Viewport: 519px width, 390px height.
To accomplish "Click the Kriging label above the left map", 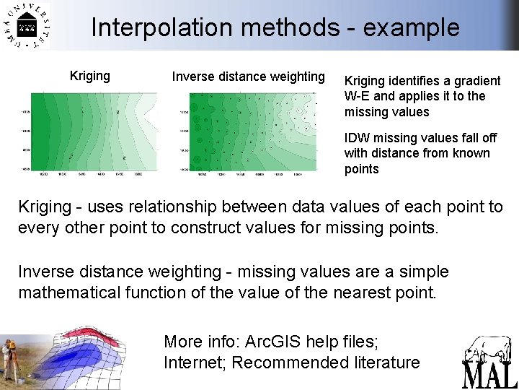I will pyautogui.click(x=89, y=76).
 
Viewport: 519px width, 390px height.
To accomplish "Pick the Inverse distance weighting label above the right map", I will pyautogui.click(x=248, y=77).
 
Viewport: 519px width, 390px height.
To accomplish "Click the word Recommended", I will pyautogui.click(x=290, y=362).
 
